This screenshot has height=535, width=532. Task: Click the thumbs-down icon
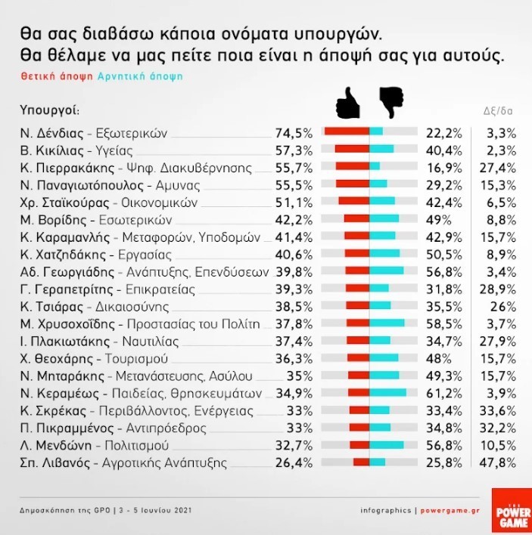pos(391,103)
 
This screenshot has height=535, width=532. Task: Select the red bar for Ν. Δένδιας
pos(347,131)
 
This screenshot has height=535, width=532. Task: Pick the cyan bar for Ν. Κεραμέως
pos(388,393)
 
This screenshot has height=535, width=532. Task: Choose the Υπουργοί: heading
pos(49,110)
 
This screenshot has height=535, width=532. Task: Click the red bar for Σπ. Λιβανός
pos(361,462)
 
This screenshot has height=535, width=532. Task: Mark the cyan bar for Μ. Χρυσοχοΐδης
pos(387,323)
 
